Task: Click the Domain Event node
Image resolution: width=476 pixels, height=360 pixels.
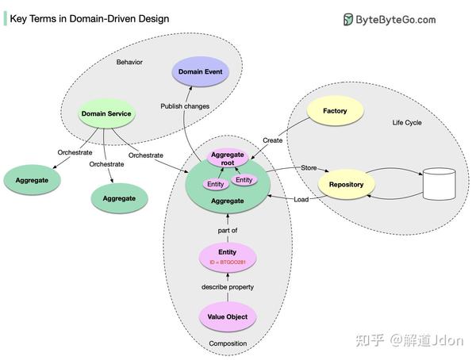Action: tap(202, 72)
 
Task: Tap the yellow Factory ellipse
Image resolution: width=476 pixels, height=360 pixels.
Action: tap(335, 111)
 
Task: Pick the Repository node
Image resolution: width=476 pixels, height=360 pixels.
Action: tap(346, 185)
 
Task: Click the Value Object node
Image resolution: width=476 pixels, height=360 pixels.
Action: tap(227, 316)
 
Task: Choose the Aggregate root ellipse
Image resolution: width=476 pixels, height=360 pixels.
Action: tap(228, 158)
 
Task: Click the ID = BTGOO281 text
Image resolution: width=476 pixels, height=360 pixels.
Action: tap(228, 261)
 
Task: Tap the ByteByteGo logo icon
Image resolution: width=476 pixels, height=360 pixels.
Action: tap(348, 20)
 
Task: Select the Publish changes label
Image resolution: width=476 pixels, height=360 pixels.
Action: tap(184, 105)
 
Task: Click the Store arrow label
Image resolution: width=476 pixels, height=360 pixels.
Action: tap(309, 168)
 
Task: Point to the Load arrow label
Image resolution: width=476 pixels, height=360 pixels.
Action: tap(301, 199)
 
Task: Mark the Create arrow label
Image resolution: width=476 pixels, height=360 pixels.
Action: tap(272, 140)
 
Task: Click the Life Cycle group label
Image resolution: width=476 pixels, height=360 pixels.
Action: tap(407, 123)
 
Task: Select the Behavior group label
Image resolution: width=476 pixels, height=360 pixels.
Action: tap(129, 62)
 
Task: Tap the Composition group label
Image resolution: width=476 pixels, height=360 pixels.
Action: tap(228, 343)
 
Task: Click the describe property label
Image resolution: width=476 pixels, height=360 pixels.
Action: tap(228, 286)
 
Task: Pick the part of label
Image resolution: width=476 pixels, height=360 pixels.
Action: tap(228, 231)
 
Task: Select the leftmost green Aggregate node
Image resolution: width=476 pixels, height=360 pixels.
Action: tap(32, 181)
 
